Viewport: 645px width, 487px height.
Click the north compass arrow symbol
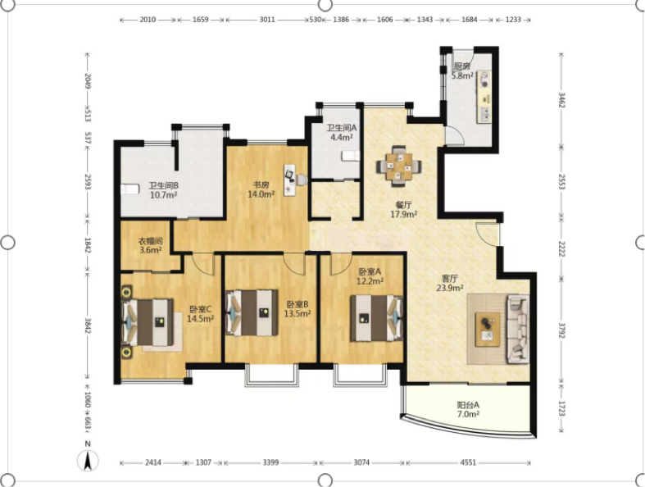87,461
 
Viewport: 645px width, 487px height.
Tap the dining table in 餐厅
398,166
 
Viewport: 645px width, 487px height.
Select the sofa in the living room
518,329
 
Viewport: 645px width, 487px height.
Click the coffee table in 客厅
488,329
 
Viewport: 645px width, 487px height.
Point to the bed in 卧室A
376,318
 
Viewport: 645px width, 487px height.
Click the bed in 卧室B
252,313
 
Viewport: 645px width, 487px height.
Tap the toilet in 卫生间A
351,156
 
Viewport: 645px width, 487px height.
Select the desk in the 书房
290,180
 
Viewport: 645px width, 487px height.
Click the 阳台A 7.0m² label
468,410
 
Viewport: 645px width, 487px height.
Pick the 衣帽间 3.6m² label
150,245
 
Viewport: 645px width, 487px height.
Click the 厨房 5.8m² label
462,71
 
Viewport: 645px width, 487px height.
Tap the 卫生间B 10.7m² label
163,190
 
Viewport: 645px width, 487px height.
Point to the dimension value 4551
468,462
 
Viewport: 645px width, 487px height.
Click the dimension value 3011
267,20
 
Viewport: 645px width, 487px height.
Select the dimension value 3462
561,100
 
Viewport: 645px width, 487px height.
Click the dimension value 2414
152,462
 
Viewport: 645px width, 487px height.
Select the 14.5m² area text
200,318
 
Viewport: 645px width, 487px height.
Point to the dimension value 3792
561,330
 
